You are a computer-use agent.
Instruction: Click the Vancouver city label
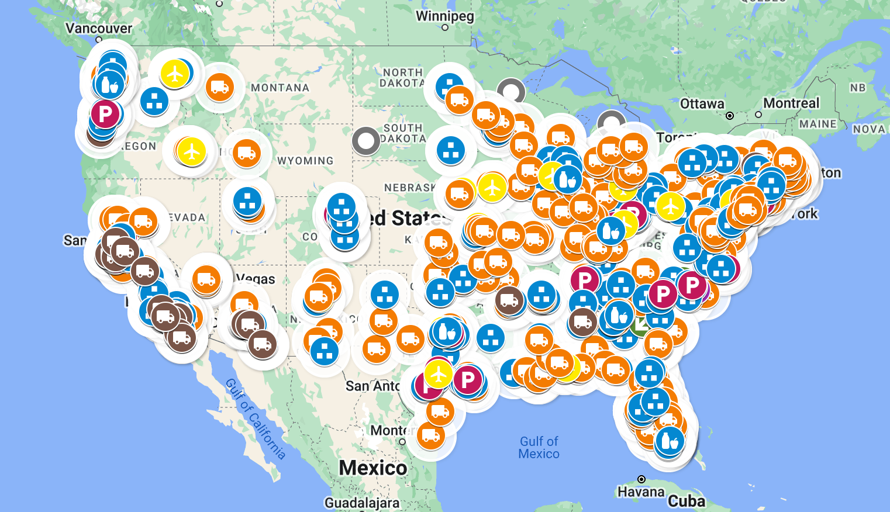[99, 28]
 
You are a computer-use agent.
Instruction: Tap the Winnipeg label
[444, 16]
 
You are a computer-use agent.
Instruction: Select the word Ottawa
[702, 104]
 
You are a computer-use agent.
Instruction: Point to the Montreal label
[791, 103]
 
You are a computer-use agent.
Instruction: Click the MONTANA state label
[280, 88]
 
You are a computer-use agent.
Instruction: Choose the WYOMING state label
[305, 161]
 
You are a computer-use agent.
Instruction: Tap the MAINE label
[817, 124]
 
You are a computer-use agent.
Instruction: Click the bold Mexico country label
[373, 468]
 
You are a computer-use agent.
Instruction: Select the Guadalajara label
[362, 503]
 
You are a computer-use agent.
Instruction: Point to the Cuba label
[687, 501]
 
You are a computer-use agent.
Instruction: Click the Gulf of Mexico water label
[539, 448]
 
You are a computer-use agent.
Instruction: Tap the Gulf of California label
[256, 419]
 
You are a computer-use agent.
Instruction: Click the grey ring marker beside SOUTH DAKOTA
[366, 141]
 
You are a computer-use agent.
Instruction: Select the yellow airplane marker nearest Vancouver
[174, 74]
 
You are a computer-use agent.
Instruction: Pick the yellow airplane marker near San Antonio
[438, 375]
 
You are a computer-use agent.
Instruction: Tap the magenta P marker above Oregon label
[105, 114]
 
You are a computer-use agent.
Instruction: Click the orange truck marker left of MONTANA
[220, 88]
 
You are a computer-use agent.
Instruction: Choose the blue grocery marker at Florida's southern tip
[670, 441]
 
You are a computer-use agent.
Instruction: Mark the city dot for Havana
[641, 479]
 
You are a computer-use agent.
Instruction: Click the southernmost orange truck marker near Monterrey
[431, 435]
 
